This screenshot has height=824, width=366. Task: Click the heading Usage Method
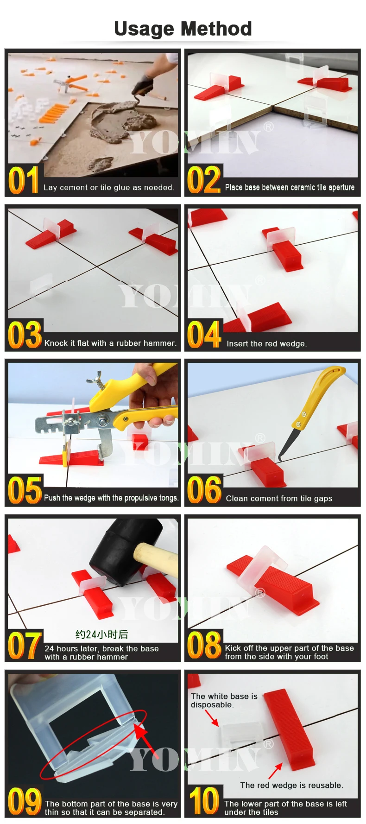183,29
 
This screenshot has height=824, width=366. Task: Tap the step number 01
23,181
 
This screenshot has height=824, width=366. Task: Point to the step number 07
25,645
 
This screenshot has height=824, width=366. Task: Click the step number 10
203,800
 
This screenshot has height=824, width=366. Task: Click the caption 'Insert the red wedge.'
266,343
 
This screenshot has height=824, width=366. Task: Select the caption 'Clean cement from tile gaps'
279,498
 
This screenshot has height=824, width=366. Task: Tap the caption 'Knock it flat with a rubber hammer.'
110,343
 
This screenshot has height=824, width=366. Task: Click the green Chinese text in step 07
101,634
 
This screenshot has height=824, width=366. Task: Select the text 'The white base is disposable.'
224,700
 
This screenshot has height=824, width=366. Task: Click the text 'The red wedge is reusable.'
291,785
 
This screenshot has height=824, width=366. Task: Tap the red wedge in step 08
278,584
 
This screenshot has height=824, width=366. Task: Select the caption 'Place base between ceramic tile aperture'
290,187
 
